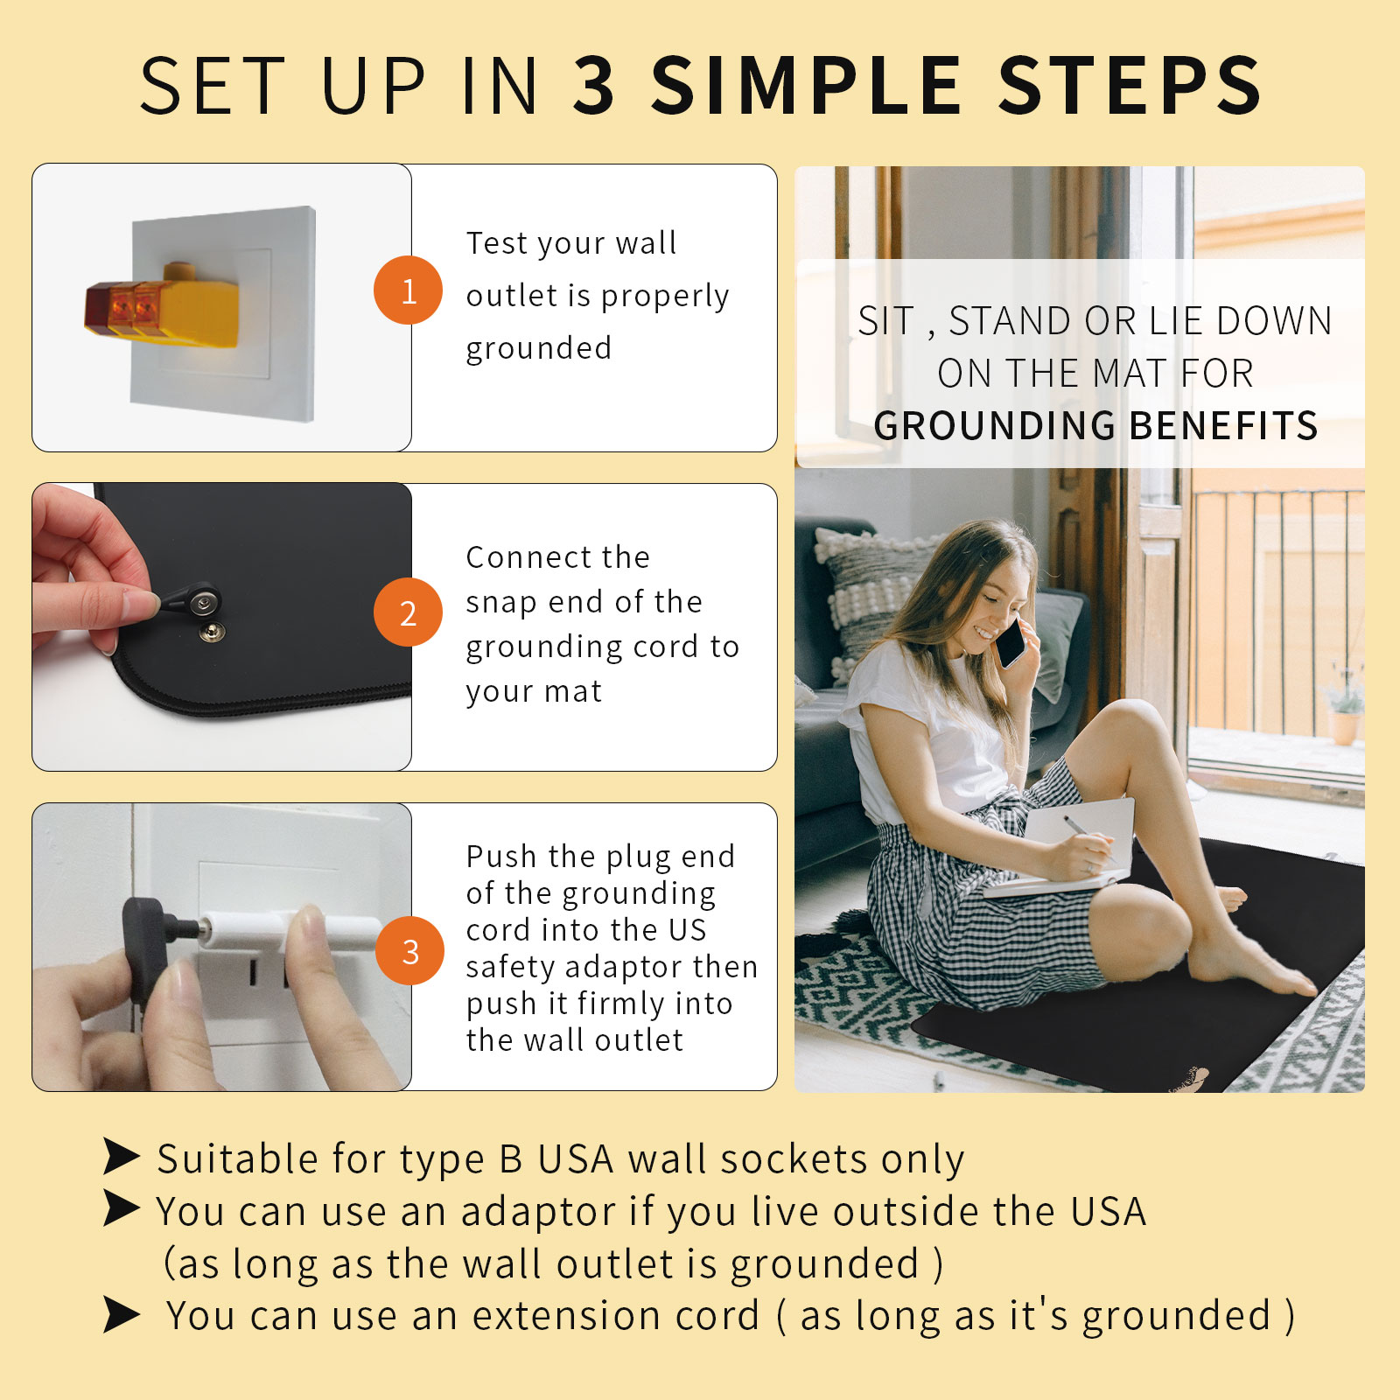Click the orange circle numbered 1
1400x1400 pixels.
(408, 290)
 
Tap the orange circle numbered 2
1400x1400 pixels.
(408, 612)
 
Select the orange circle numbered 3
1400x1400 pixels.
(409, 951)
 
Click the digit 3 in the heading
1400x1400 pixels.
(595, 85)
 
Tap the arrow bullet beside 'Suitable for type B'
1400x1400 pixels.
(122, 1156)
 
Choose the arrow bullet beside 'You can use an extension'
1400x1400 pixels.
(122, 1314)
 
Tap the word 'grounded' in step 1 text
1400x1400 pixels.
(538, 349)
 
